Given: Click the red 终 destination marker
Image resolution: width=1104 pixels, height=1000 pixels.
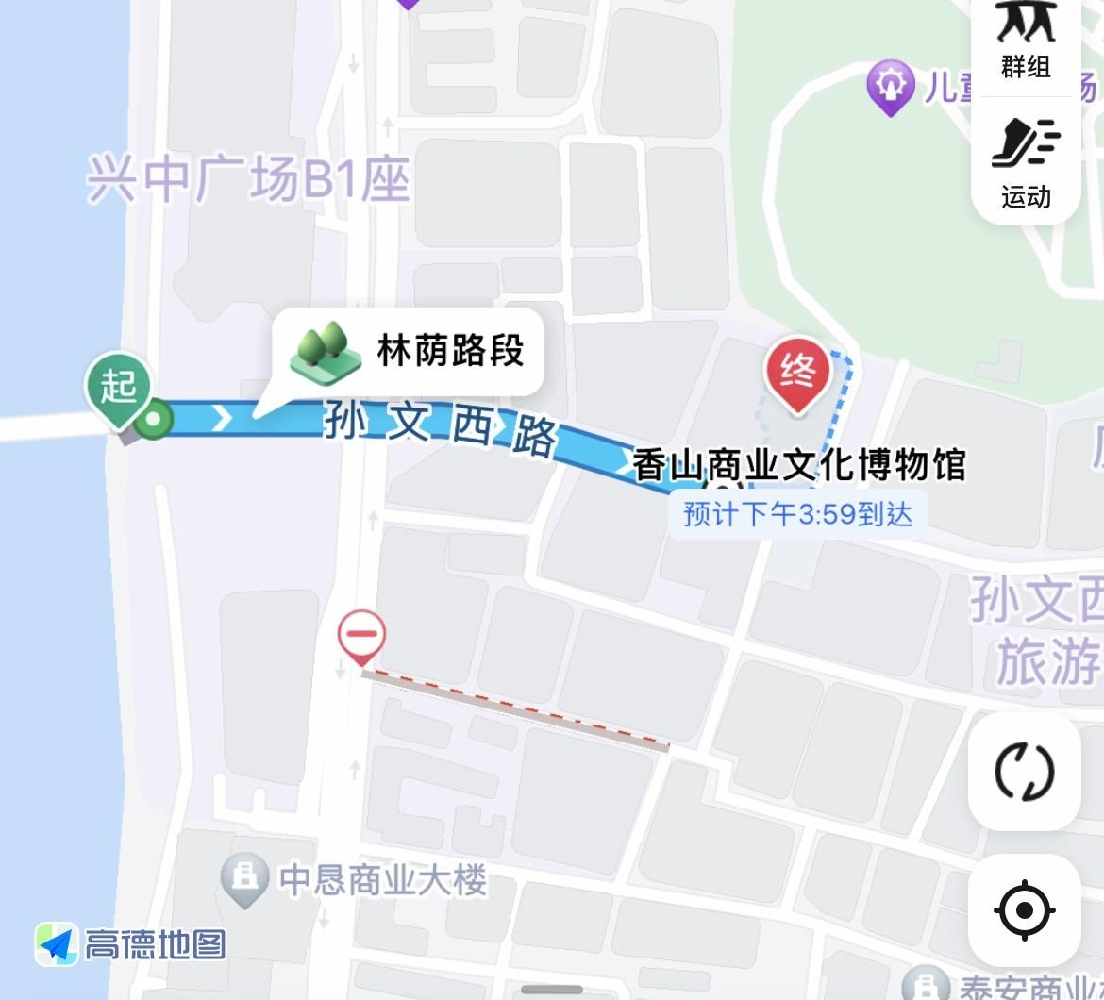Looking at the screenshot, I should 798,375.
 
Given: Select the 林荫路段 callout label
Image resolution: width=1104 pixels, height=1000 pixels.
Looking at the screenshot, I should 450,351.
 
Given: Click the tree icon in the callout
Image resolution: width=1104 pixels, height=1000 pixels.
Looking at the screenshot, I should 326,353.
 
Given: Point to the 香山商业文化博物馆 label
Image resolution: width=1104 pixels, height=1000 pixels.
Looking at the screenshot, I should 798,465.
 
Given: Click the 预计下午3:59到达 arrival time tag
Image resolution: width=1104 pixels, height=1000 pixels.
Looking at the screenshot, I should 797,515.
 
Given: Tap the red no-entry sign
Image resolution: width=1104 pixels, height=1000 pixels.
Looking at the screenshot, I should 361,635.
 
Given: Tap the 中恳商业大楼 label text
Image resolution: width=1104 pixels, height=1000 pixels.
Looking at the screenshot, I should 383,880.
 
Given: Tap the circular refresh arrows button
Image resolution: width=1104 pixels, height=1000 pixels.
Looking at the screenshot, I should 1024,771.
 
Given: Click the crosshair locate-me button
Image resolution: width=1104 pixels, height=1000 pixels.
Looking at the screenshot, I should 1024,911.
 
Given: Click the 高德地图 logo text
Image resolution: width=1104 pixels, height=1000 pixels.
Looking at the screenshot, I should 155,943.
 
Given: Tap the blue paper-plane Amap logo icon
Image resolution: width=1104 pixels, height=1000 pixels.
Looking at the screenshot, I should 57,943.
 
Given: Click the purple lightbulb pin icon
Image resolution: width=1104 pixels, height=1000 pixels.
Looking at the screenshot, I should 890,87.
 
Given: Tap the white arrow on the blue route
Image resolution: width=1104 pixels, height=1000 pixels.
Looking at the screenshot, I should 222,418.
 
